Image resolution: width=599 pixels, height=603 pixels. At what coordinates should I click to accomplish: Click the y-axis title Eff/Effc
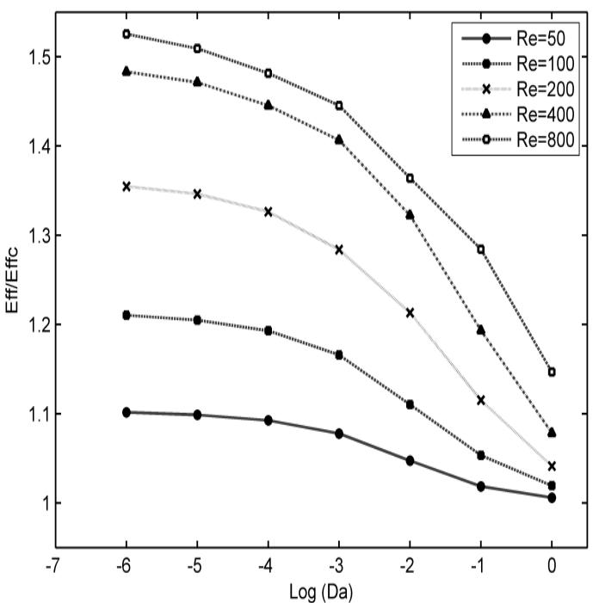coord(12,280)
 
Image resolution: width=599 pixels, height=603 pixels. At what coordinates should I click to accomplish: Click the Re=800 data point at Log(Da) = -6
coord(127,34)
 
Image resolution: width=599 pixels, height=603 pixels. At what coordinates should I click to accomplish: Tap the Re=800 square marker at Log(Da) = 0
coord(552,372)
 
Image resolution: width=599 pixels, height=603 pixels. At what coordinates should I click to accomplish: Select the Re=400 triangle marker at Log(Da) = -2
coord(410,214)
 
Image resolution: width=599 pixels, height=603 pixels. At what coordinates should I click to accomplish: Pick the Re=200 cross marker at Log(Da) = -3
coord(339,249)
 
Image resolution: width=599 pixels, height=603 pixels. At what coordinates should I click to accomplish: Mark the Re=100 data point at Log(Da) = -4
coord(268,330)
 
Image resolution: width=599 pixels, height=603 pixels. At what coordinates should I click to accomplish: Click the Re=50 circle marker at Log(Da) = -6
coord(127,413)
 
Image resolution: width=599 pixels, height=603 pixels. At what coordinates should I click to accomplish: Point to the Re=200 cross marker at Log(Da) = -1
coord(481,400)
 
